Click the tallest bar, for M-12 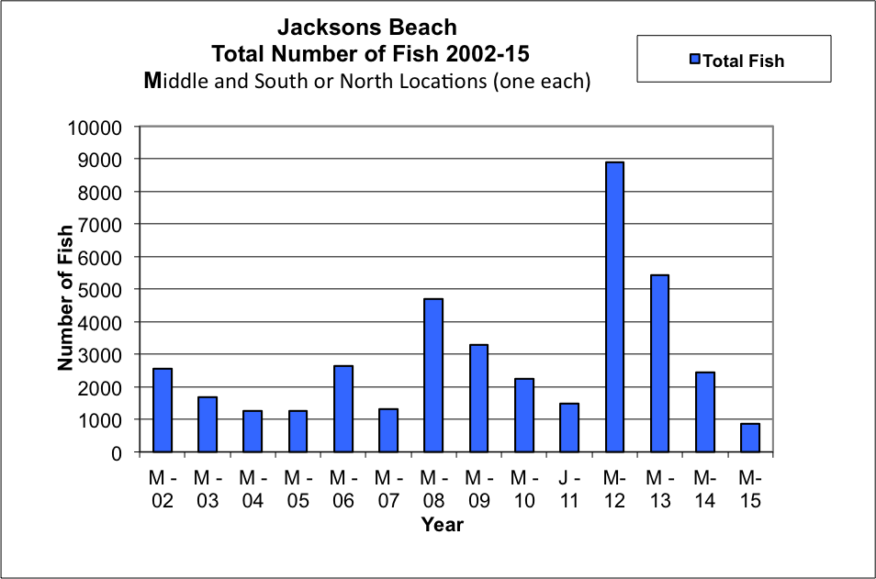[614, 306]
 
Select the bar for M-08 [433, 375]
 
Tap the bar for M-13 [660, 363]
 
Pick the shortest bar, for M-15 [750, 437]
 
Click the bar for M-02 [163, 410]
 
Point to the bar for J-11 [569, 427]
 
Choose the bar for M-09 [478, 398]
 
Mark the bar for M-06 [343, 408]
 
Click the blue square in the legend [695, 59]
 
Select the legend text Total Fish [744, 61]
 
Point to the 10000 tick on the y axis [95, 128]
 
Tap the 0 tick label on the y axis [117, 452]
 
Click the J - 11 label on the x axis [569, 489]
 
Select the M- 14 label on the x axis [705, 489]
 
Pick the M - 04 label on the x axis [253, 489]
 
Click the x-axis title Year [443, 524]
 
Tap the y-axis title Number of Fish [65, 297]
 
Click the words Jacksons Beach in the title [367, 27]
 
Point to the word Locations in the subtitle [413, 81]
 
